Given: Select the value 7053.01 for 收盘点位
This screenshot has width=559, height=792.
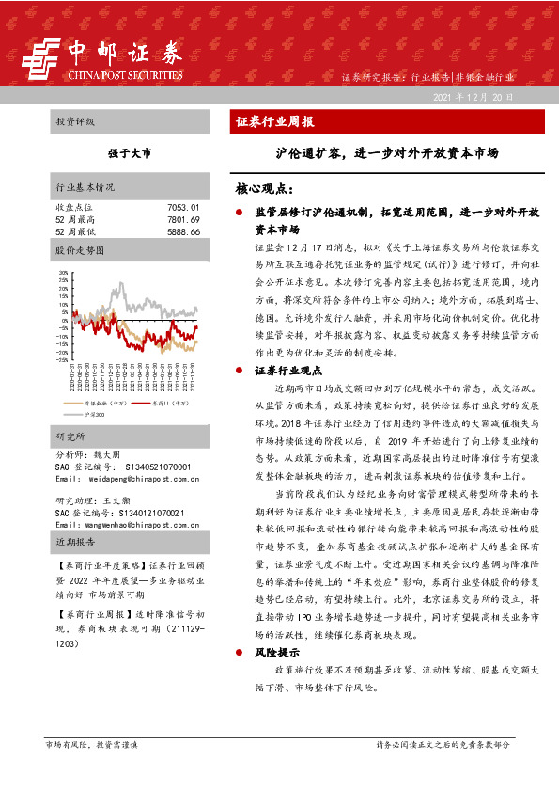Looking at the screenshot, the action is pos(183,206).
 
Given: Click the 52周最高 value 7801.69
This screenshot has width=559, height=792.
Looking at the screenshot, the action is pos(183,218).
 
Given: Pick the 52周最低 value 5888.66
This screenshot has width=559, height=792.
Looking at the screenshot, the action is pos(183,230).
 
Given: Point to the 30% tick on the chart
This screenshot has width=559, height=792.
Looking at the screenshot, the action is pos(63,273).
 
